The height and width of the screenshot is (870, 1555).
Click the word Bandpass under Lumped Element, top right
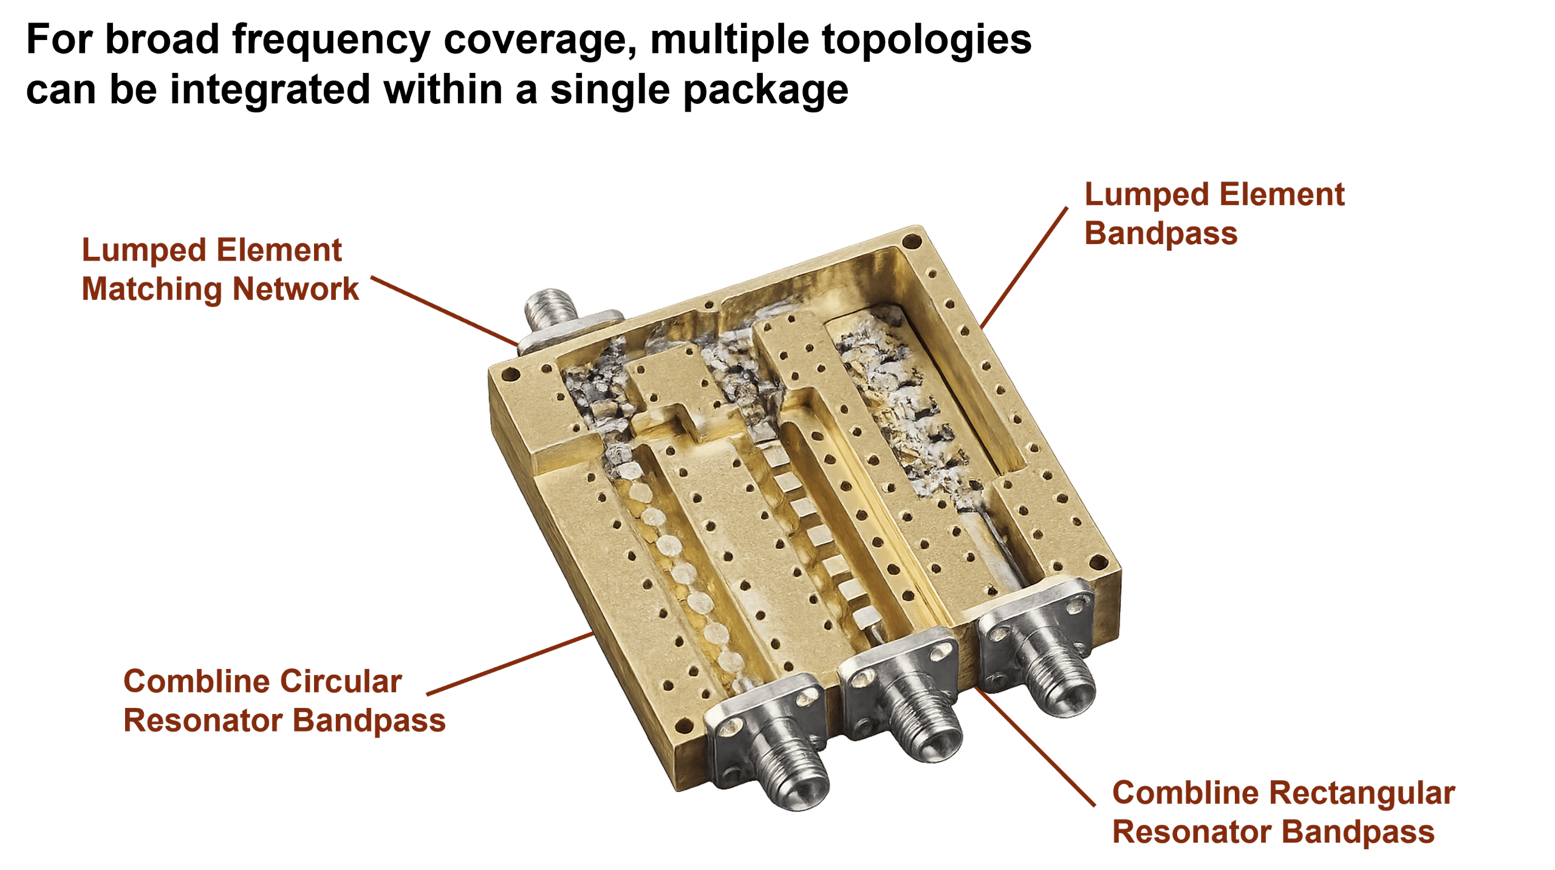pyautogui.click(x=1161, y=234)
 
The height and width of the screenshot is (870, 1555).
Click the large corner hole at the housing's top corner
pyautogui.click(x=911, y=242)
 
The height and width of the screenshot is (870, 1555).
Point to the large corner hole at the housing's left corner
pyautogui.click(x=510, y=375)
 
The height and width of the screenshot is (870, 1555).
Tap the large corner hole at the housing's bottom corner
pyautogui.click(x=684, y=725)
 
